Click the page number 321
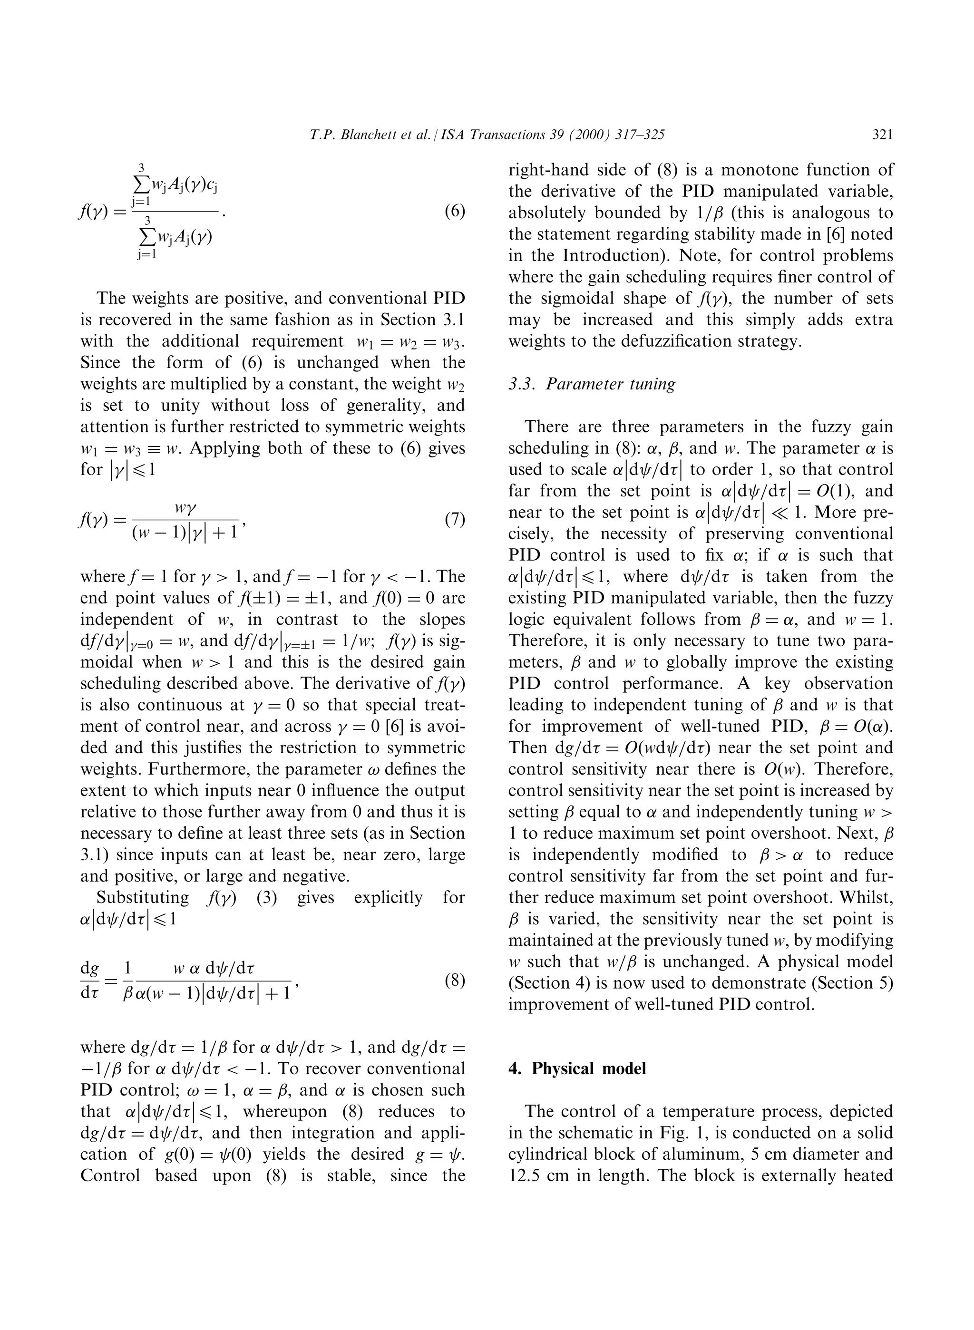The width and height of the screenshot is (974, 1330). click(882, 135)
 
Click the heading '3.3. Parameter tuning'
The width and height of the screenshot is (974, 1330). click(592, 384)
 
